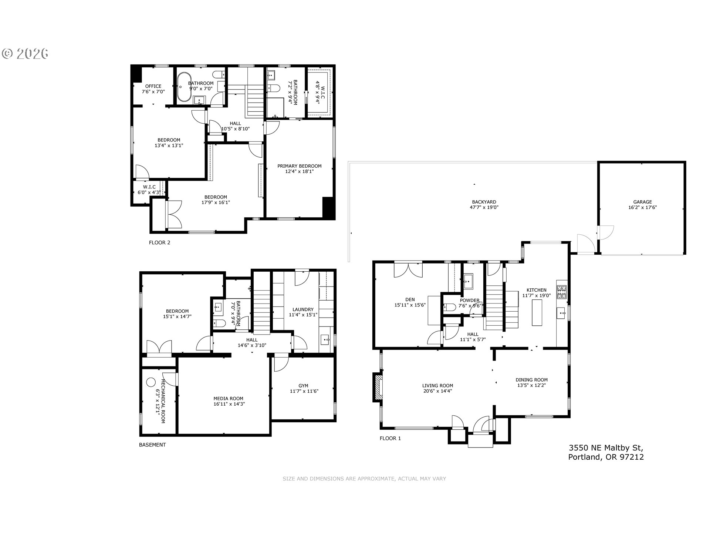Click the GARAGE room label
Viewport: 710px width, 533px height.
click(642, 202)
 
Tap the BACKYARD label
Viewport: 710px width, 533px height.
click(484, 202)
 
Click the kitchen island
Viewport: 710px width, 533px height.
click(537, 313)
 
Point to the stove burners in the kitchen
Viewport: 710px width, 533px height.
click(561, 292)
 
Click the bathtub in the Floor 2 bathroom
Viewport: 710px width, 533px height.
click(184, 87)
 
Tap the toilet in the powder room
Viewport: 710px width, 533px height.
click(450, 307)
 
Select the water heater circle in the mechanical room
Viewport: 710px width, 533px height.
click(151, 382)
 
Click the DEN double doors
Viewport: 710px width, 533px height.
click(408, 270)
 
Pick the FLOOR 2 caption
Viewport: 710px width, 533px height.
click(159, 243)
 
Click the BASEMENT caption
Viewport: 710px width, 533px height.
click(152, 445)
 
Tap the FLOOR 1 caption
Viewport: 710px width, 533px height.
click(390, 439)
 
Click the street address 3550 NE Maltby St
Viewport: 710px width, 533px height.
click(606, 447)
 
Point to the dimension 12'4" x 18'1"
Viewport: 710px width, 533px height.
click(300, 171)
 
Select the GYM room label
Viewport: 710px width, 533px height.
click(303, 386)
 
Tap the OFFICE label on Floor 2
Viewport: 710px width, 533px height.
click(153, 86)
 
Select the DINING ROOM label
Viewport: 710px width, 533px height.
click(532, 380)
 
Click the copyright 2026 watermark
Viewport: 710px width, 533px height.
click(25, 54)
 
